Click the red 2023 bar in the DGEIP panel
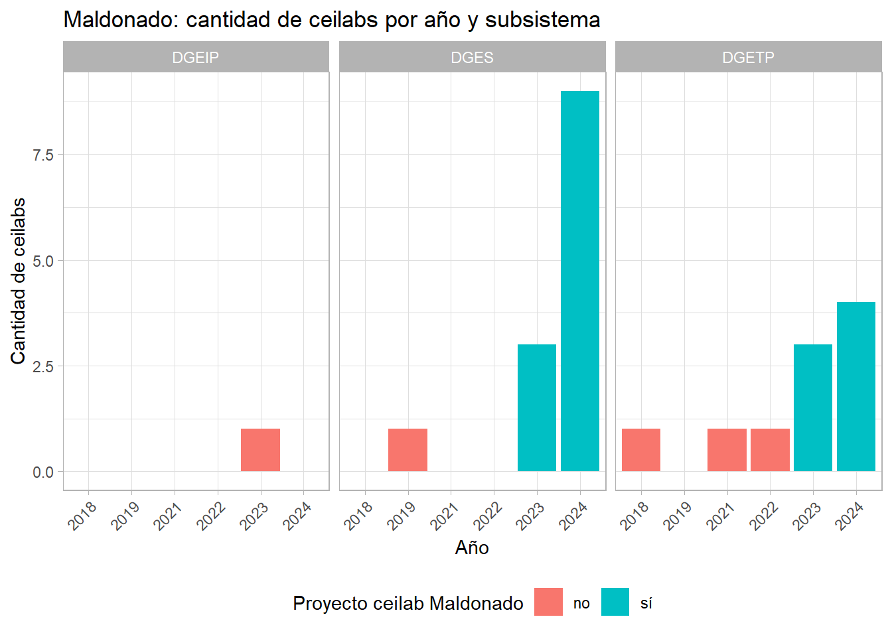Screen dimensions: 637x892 [x=260, y=450]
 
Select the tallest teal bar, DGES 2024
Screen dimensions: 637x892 [x=579, y=281]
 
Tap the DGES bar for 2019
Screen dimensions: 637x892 [x=408, y=450]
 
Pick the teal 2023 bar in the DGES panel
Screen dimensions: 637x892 [x=536, y=408]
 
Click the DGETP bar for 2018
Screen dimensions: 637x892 [x=640, y=450]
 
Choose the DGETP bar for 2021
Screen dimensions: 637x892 [x=727, y=450]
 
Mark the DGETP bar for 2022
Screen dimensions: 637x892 [x=770, y=450]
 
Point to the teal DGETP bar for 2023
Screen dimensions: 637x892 [x=812, y=408]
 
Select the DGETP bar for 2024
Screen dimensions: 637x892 [x=855, y=387]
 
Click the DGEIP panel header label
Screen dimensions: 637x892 [x=195, y=58]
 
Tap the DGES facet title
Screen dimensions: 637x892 [x=472, y=58]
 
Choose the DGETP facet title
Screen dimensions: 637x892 [x=748, y=58]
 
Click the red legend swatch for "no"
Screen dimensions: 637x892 [x=548, y=602]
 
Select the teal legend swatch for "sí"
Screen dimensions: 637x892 [x=615, y=602]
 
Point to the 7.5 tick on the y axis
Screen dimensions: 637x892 [x=43, y=155]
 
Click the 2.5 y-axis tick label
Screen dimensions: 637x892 [x=43, y=366]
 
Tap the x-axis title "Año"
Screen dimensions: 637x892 [x=472, y=547]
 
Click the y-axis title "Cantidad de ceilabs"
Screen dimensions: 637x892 [x=19, y=281]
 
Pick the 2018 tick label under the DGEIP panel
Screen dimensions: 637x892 [x=82, y=516]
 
